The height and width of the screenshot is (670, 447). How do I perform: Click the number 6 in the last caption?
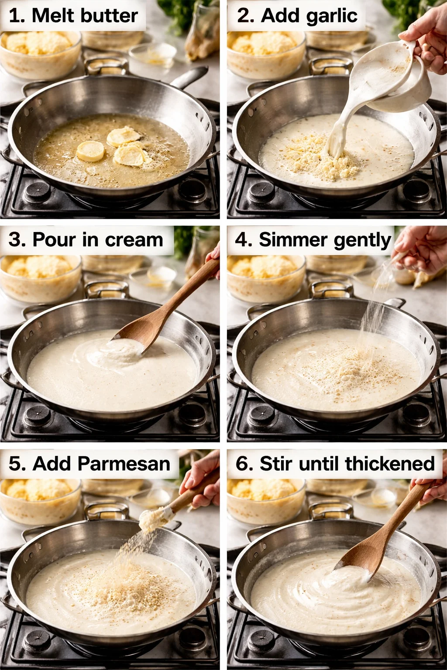(242, 464)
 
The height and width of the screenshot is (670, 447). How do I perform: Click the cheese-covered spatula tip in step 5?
(151, 519)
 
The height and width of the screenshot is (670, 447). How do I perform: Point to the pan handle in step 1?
(190, 77)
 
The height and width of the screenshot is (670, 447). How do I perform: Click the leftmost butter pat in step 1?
(90, 151)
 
